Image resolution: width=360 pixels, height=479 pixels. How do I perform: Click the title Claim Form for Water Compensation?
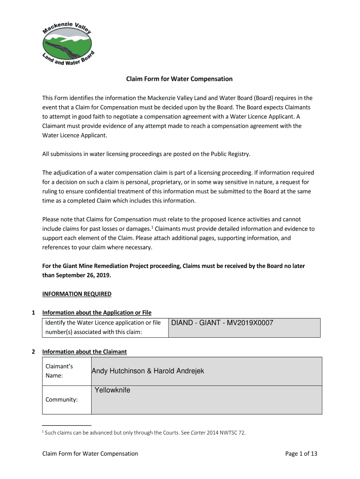click(x=179, y=79)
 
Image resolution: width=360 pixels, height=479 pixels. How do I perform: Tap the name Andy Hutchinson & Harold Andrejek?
click(x=148, y=371)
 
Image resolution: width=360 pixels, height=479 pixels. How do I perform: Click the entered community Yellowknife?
click(x=112, y=390)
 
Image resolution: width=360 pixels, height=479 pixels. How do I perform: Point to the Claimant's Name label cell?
click(x=58, y=371)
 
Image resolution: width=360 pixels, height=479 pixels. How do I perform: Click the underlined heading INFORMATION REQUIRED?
click(x=77, y=294)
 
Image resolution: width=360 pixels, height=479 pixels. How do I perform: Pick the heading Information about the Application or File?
click(x=97, y=312)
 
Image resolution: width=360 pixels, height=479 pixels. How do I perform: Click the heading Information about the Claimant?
click(x=84, y=352)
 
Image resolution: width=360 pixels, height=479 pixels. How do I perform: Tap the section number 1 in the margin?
click(x=33, y=312)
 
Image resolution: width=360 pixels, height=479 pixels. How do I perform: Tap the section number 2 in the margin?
click(x=33, y=352)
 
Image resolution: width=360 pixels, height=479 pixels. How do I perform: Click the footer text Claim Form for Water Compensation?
click(x=90, y=453)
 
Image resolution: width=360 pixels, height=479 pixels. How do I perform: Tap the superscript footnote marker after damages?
click(x=152, y=227)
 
